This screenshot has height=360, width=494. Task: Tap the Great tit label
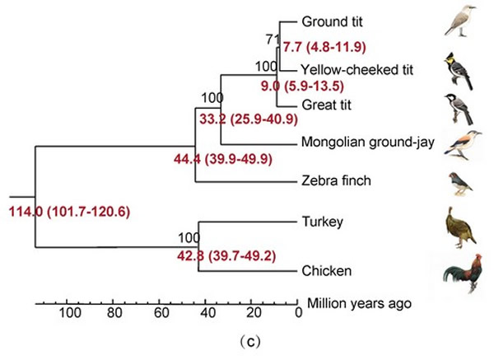[328, 105]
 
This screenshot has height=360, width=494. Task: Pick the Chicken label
[325, 269]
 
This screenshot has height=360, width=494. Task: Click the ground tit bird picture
[459, 22]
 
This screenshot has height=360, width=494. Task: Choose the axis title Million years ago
[358, 303]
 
